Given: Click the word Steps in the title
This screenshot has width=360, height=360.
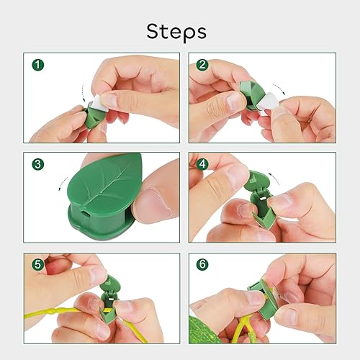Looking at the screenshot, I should tap(176, 31).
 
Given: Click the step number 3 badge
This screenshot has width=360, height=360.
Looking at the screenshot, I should tap(38, 165).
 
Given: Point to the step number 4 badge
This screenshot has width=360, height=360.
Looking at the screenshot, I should tap(203, 165).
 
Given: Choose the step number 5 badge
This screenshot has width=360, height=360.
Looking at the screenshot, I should tap(38, 264).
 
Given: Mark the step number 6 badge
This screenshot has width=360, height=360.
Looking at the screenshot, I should tap(203, 264).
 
